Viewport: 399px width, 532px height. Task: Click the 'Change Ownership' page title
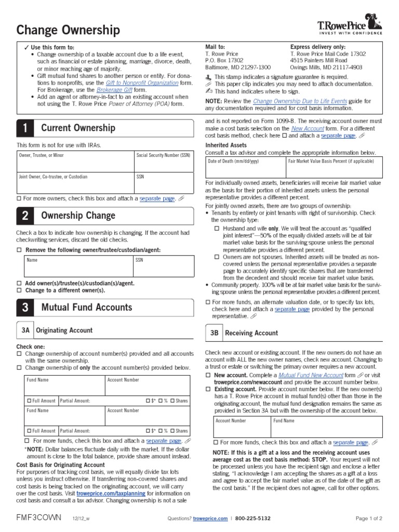click(x=68, y=31)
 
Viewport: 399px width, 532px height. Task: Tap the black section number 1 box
click(x=25, y=128)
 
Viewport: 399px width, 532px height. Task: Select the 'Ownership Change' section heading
click(x=78, y=215)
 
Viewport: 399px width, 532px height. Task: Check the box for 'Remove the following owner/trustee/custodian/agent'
click(x=19, y=250)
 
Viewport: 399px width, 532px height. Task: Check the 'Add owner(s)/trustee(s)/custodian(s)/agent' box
click(x=19, y=283)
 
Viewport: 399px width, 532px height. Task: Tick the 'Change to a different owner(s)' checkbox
click(x=19, y=290)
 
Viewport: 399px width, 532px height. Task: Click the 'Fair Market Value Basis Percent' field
click(x=333, y=168)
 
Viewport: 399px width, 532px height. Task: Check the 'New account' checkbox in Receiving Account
click(x=208, y=375)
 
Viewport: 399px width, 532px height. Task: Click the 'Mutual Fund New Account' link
click(x=311, y=375)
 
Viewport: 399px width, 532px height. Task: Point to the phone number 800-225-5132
click(x=253, y=518)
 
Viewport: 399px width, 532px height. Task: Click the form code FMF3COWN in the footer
click(x=39, y=518)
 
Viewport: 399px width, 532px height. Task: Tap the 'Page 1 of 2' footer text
click(x=369, y=518)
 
